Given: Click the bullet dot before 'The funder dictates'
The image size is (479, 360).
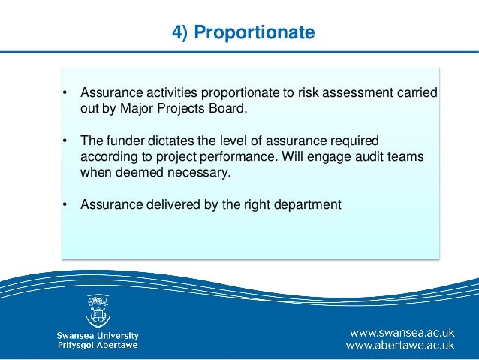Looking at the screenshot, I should (65, 141).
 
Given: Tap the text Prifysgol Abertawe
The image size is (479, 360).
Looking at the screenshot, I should (98, 346).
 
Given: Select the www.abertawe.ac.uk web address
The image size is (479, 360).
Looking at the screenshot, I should (400, 346).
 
